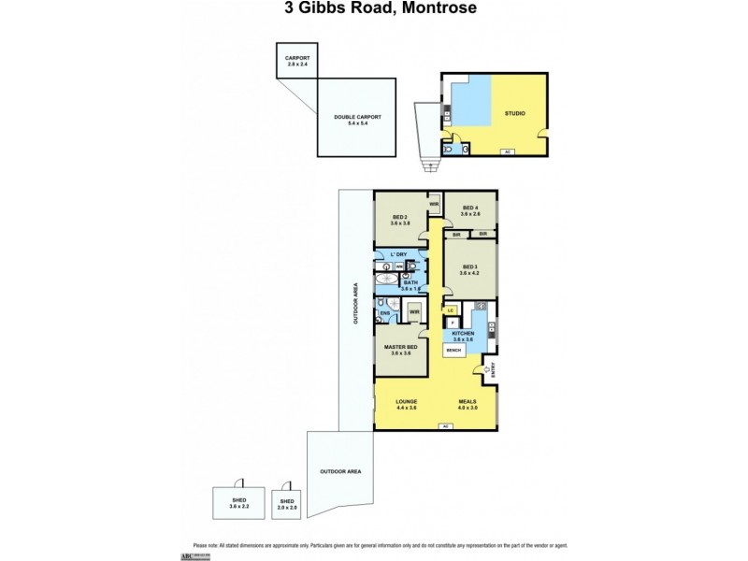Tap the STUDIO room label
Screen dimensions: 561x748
tap(513, 113)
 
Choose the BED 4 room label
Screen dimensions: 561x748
tap(469, 211)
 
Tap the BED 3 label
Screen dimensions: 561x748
tap(469, 270)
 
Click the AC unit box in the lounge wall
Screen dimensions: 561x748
tap(446, 426)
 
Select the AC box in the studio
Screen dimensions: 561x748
tap(508, 151)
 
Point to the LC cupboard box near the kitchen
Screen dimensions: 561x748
tap(450, 309)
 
